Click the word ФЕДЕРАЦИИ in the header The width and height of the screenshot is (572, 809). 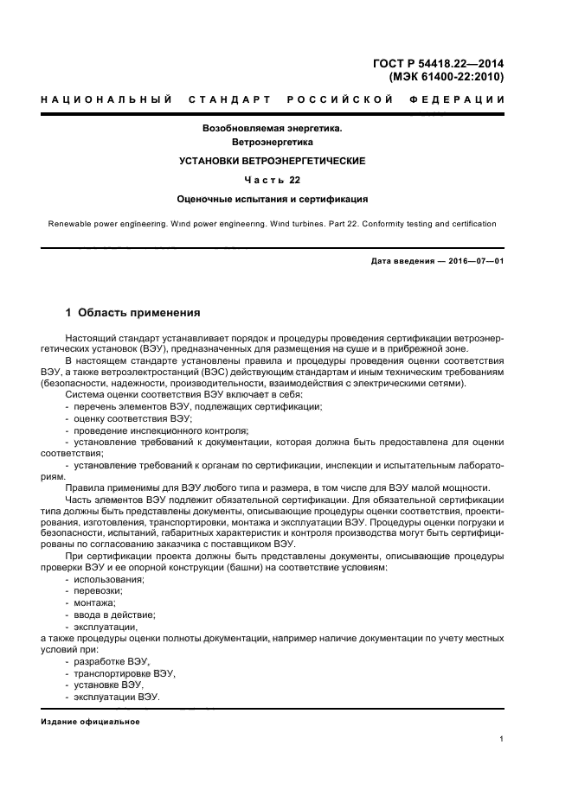click(x=463, y=99)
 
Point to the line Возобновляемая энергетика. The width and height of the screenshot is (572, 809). click(x=273, y=127)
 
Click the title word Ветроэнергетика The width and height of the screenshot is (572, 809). click(x=273, y=141)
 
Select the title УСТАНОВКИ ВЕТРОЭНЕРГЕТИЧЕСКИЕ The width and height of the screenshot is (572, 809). click(x=273, y=161)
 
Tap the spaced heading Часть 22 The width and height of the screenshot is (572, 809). click(x=273, y=180)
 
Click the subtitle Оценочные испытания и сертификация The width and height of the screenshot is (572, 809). click(x=273, y=199)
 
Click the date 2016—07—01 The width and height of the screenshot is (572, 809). click(x=474, y=260)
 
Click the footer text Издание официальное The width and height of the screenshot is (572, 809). click(x=90, y=722)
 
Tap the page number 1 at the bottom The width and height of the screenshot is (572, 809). click(x=502, y=739)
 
